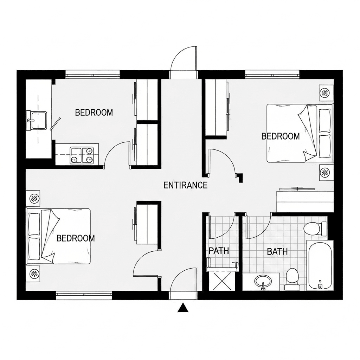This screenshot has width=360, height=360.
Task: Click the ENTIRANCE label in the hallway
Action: click(x=185, y=185)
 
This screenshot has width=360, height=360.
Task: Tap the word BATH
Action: click(x=277, y=252)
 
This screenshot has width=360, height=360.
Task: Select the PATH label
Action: click(x=219, y=251)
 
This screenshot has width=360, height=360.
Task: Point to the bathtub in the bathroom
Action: click(x=320, y=266)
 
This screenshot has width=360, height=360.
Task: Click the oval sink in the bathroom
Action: click(x=263, y=281)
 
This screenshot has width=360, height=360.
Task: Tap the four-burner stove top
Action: click(x=82, y=155)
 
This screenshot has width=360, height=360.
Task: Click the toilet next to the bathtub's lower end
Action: click(x=292, y=279)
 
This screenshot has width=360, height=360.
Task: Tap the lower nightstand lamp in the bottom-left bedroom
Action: click(x=34, y=274)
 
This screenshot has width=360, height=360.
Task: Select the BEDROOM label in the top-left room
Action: click(x=94, y=112)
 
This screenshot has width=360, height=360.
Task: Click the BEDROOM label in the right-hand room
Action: click(x=281, y=136)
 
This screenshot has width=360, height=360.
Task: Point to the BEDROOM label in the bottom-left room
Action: click(x=76, y=238)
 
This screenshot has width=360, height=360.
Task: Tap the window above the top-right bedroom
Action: click(x=272, y=75)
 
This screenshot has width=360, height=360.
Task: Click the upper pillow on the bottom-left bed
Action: click(x=34, y=224)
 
